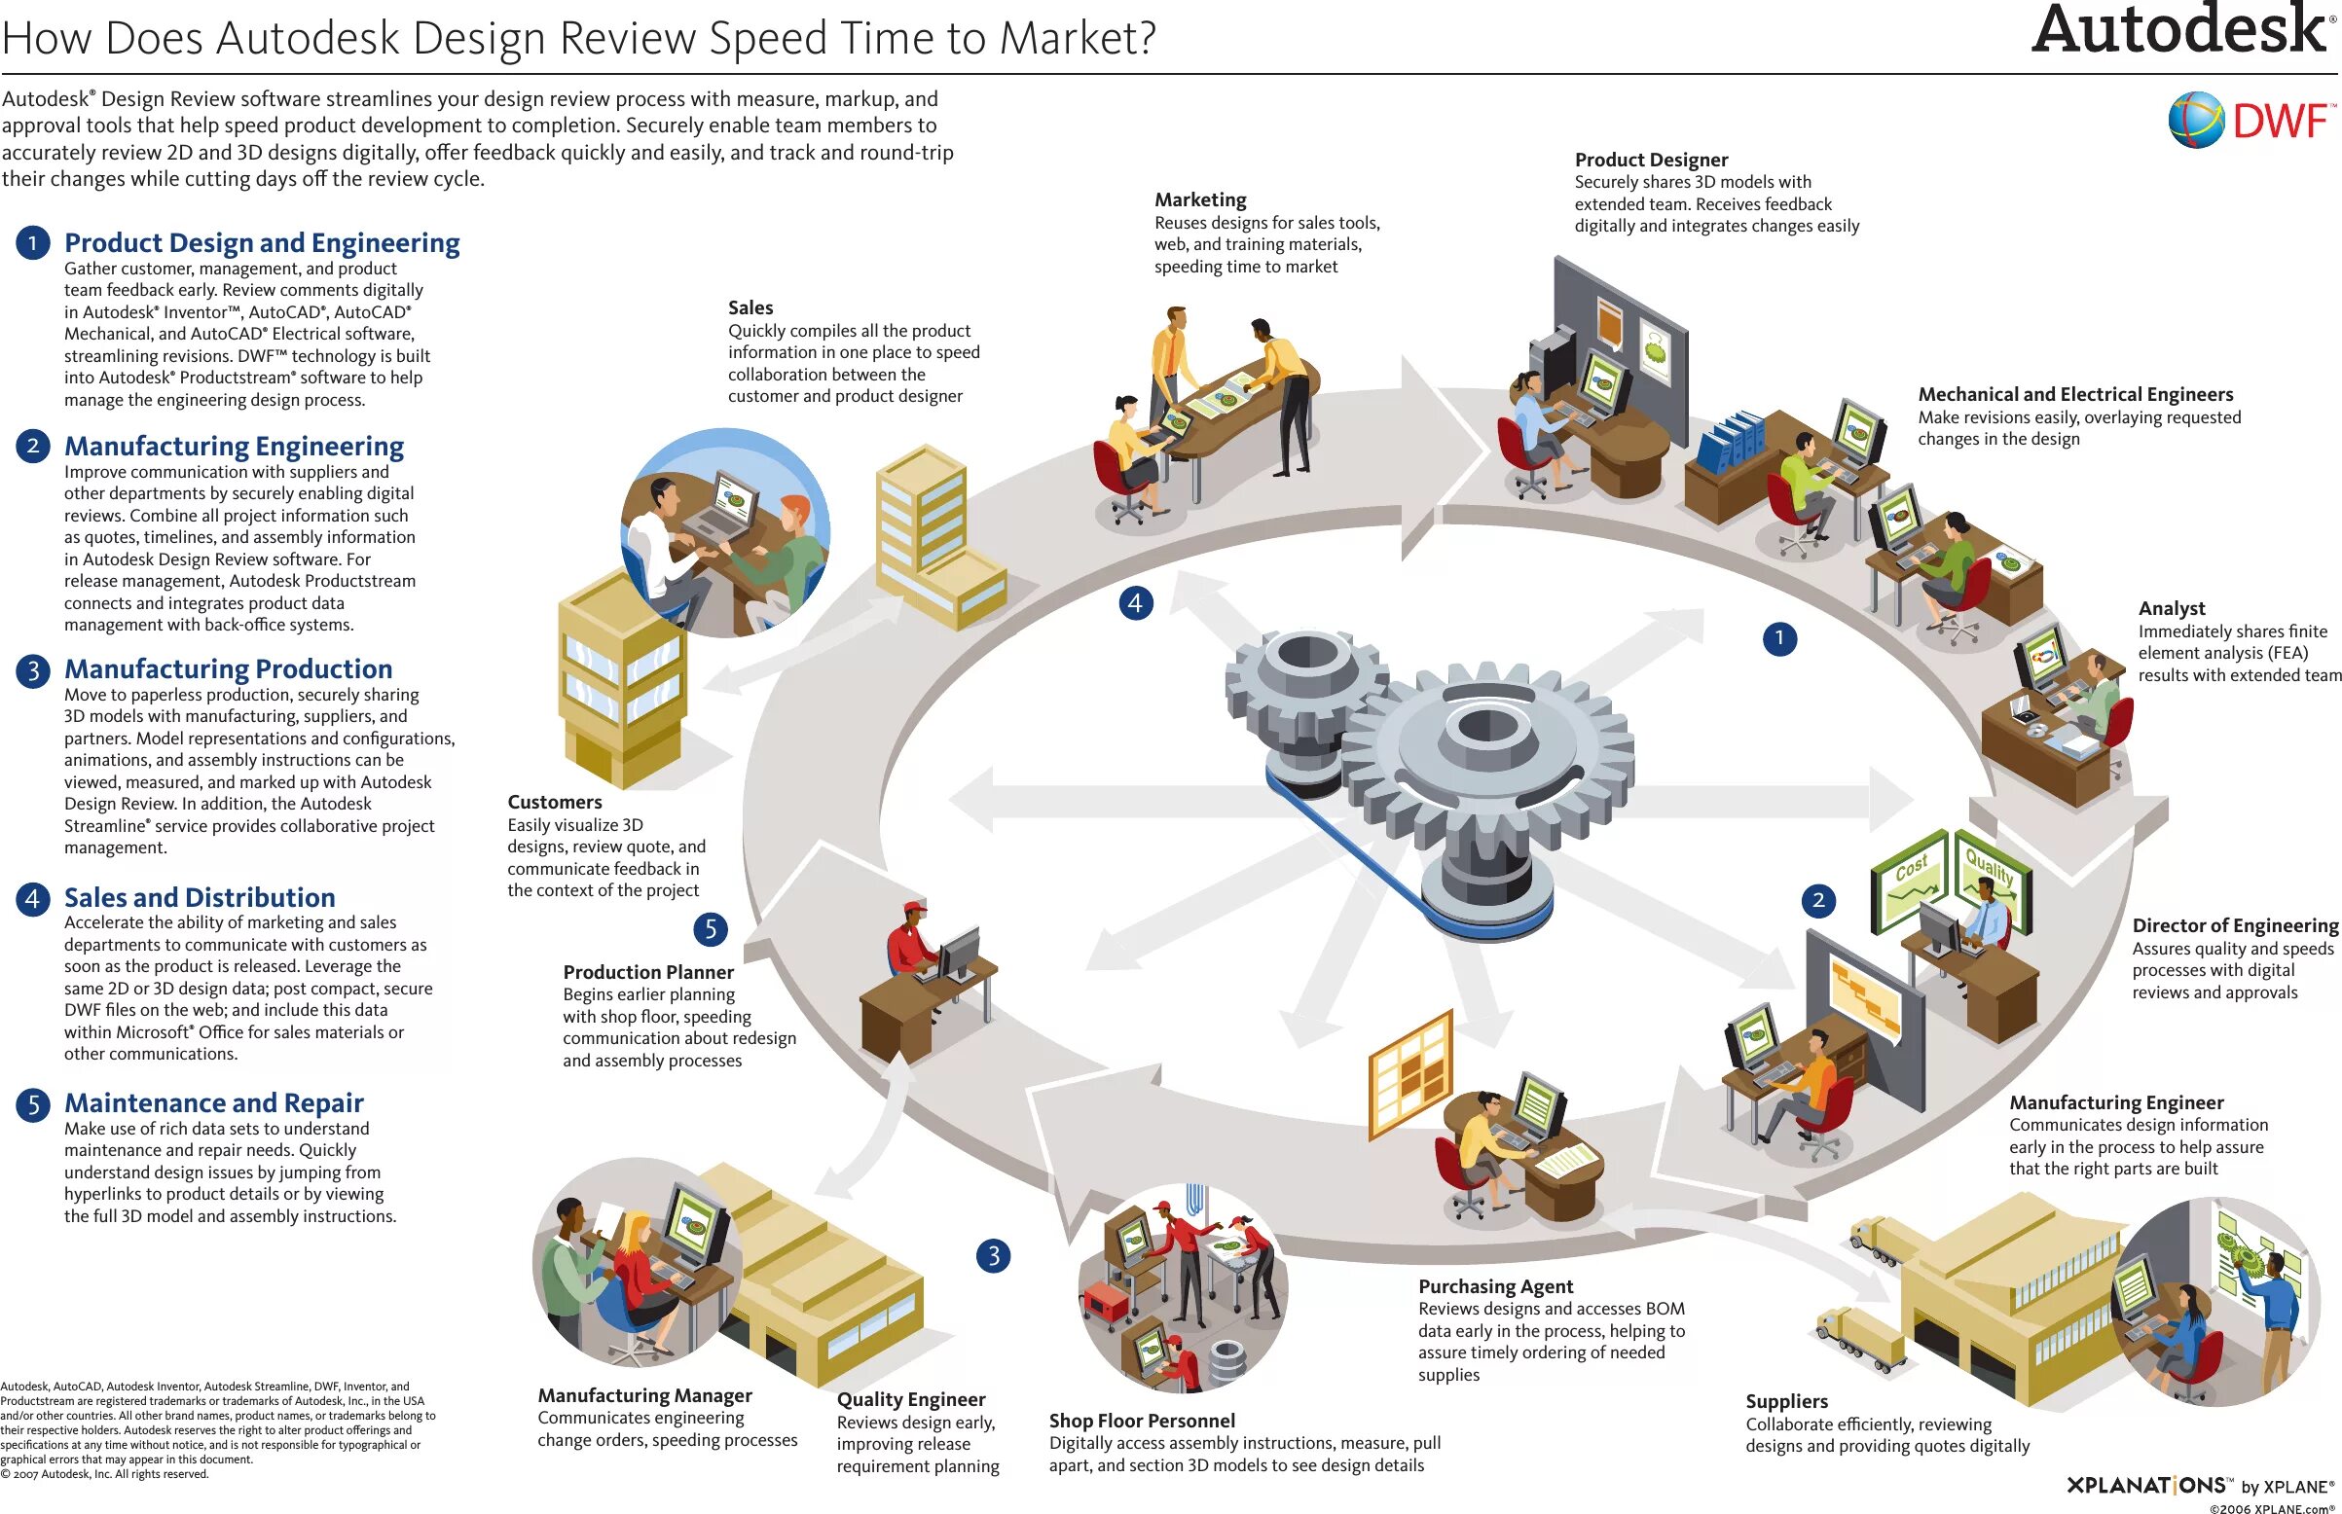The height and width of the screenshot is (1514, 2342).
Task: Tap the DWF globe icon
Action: click(x=2195, y=120)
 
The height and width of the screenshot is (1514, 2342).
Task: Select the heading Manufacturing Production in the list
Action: click(x=228, y=668)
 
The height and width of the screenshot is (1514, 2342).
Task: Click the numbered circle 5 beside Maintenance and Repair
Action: click(x=32, y=1104)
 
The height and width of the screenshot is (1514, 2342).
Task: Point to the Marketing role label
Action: click(x=1199, y=199)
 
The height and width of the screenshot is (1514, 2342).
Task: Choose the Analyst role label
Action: click(x=2171, y=608)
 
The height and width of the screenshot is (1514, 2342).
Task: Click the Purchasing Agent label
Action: click(x=1495, y=1286)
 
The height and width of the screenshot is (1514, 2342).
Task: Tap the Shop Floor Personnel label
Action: click(x=1142, y=1421)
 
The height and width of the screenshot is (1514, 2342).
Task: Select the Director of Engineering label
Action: click(x=2235, y=925)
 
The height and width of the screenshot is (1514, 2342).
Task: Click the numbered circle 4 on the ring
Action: click(x=1136, y=602)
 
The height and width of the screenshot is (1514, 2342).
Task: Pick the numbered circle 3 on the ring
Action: click(x=993, y=1255)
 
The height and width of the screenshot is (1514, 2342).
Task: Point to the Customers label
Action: click(x=555, y=802)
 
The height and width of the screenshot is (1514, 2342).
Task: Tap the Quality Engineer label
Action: click(x=910, y=1399)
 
